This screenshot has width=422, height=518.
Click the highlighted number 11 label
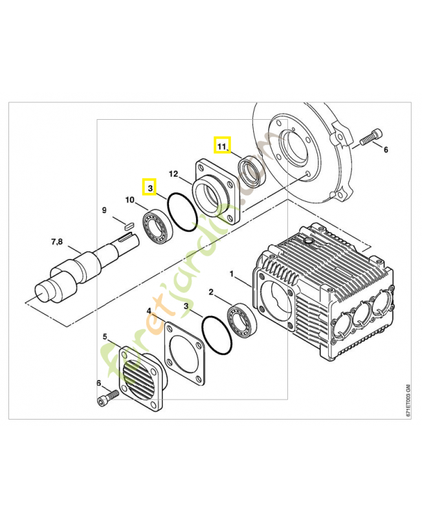point(222,146)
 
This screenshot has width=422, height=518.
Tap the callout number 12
point(173,174)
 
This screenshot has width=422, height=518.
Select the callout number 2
point(211,293)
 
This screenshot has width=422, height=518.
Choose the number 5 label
point(105,337)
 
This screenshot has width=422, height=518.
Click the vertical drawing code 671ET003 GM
point(407,401)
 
